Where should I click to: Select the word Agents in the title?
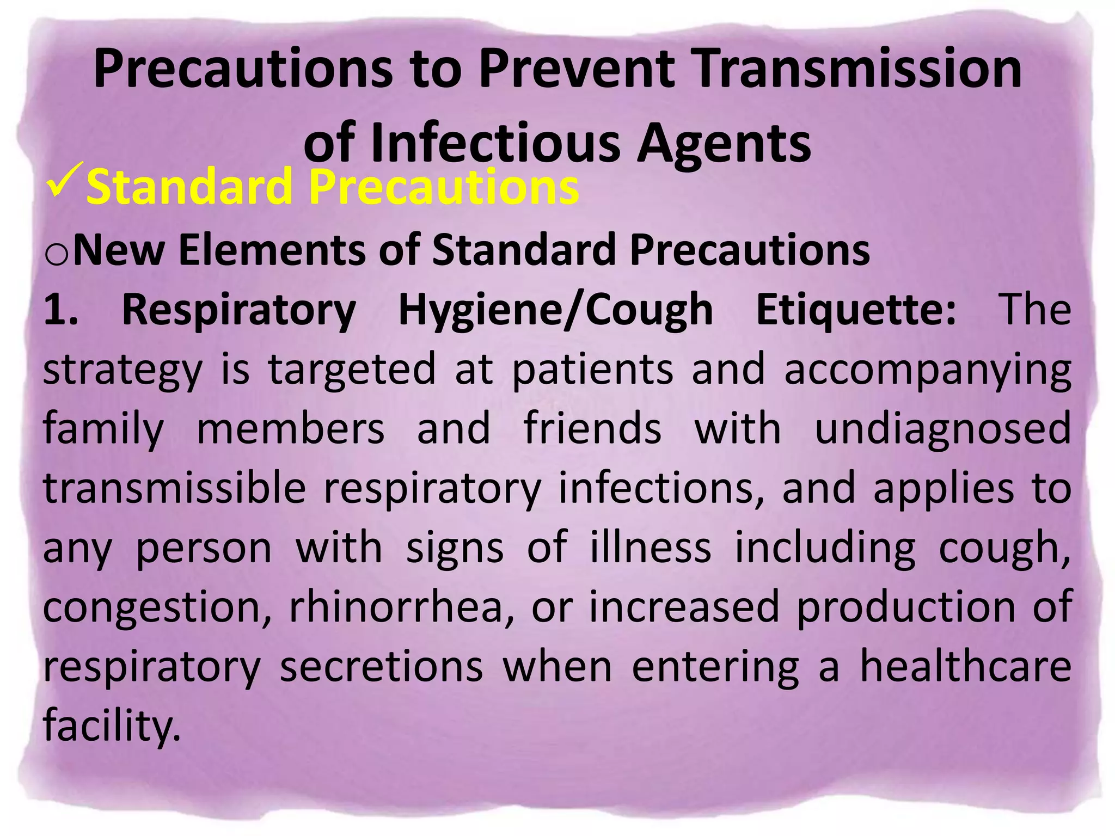(x=724, y=143)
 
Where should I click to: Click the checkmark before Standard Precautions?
(x=65, y=181)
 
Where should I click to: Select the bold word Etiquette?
(x=855, y=309)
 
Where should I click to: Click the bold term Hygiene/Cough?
(x=555, y=310)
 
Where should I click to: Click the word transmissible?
(x=174, y=488)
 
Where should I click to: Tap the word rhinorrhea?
(x=401, y=606)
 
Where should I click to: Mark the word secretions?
(x=381, y=666)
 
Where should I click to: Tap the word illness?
(x=651, y=548)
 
